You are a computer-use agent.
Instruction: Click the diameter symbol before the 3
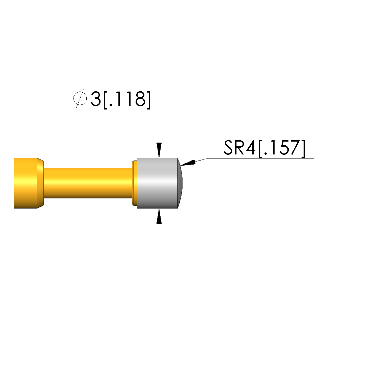[80, 99]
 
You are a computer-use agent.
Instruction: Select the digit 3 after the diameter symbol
[95, 99]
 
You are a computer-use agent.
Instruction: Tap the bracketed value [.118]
[127, 100]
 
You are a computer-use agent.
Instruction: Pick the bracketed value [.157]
[282, 149]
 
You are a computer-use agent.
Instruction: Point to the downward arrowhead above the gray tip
[159, 150]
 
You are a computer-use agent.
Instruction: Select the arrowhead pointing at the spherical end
[188, 163]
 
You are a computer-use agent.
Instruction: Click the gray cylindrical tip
[157, 183]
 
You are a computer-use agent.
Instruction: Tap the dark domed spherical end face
[180, 183]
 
